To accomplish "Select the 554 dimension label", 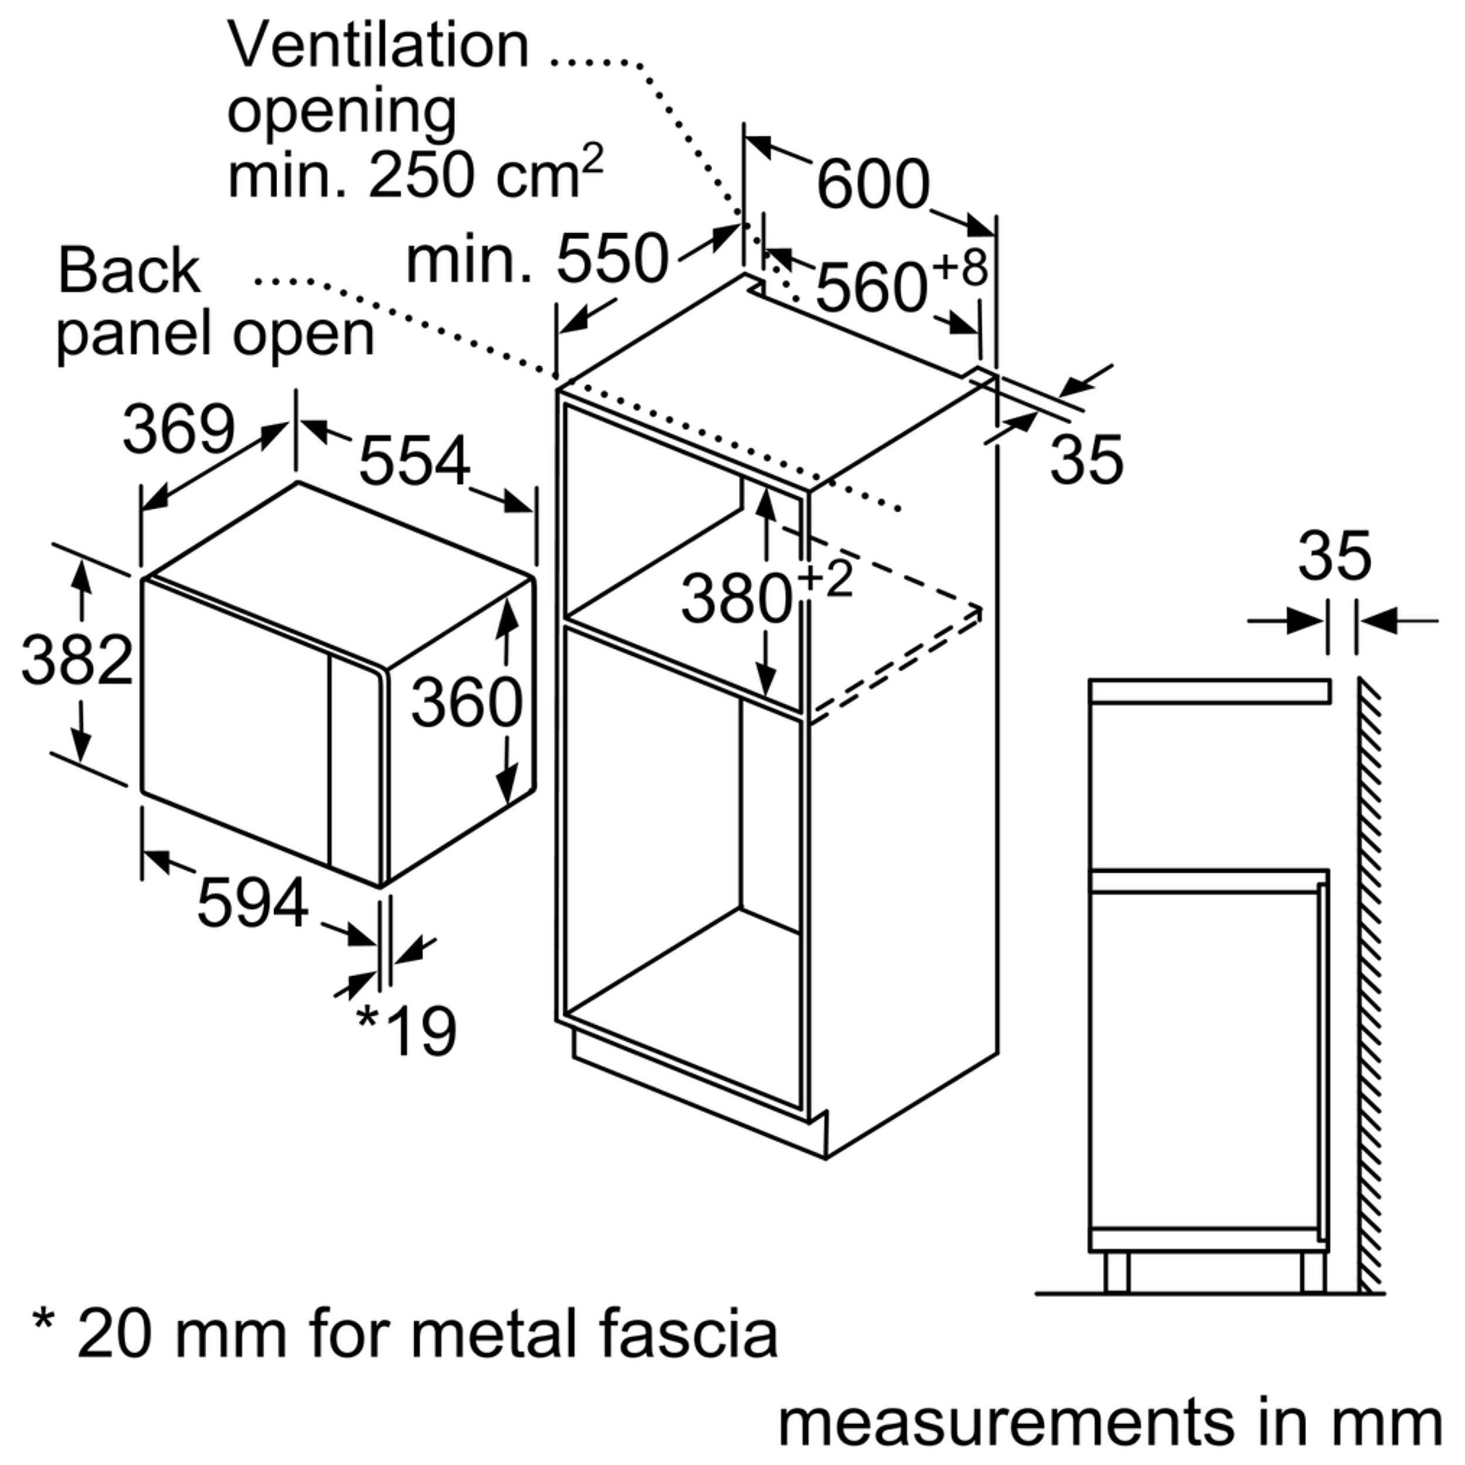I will point(414,462).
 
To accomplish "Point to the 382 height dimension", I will point(77,661).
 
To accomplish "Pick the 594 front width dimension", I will point(253,903).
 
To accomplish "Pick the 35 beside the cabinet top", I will point(1086,459).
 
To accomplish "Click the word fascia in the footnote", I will point(688,1334).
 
